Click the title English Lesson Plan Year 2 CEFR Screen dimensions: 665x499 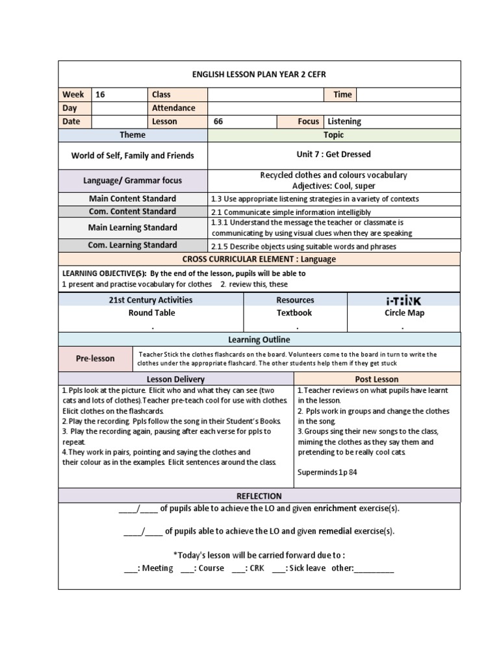tap(259, 74)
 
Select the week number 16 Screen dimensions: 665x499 tap(100, 95)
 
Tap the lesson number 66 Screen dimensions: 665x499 tap(218, 121)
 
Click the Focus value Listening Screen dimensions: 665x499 tap(344, 121)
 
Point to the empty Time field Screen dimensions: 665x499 tap(408, 95)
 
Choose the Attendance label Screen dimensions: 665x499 tap(173, 108)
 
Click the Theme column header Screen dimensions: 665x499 tap(133, 135)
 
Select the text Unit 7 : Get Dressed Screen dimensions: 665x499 tap(333, 155)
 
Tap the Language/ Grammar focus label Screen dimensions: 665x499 tap(133, 181)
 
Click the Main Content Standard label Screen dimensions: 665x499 tap(133, 199)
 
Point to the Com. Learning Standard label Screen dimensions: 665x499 tap(133, 245)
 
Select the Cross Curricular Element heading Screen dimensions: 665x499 tap(259, 259)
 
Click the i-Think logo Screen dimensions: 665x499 tap(403, 301)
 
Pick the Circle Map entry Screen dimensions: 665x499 tap(403, 313)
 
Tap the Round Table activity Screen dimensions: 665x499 tap(151, 313)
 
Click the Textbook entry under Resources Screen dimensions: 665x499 tap(294, 313)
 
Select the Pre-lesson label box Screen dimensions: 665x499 tap(95, 358)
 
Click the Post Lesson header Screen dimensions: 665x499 tap(377, 379)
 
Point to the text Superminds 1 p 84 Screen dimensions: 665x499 tap(327, 472)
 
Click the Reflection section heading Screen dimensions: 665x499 tap(259, 496)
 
